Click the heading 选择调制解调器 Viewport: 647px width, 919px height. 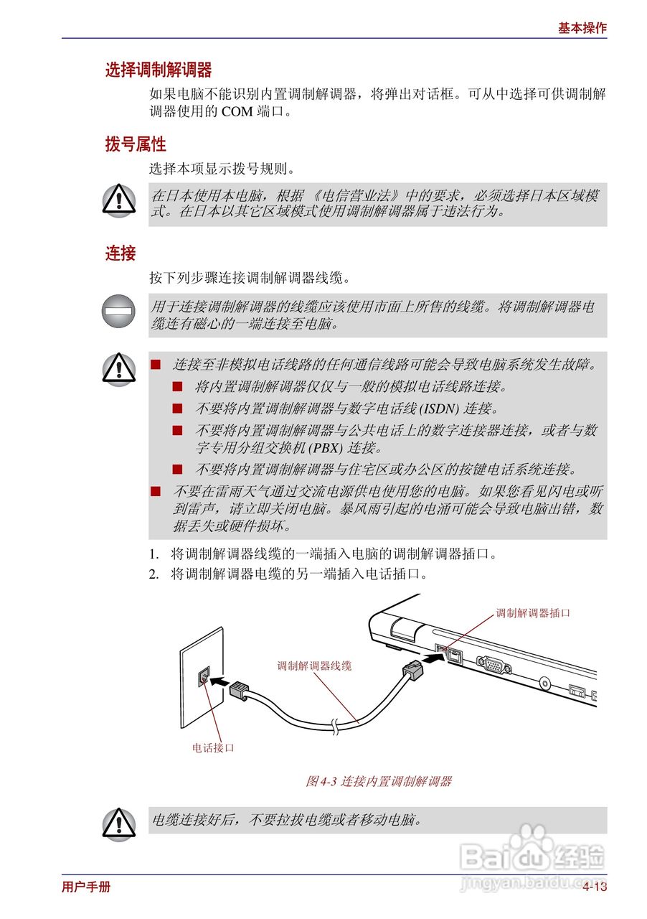point(159,70)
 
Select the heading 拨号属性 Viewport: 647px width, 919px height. point(136,144)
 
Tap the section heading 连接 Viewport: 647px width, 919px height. point(121,253)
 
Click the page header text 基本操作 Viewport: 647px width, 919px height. point(582,28)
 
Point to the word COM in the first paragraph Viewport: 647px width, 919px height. point(236,112)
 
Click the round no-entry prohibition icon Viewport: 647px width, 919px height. point(118,312)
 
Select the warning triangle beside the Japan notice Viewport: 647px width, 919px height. point(118,200)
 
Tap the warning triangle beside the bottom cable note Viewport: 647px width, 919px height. point(118,822)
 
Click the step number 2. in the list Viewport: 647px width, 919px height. point(154,574)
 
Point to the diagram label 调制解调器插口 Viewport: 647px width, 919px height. point(533,613)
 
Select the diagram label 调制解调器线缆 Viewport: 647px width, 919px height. point(314,666)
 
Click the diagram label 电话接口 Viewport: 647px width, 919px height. point(213,747)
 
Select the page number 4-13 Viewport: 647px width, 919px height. point(595,887)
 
